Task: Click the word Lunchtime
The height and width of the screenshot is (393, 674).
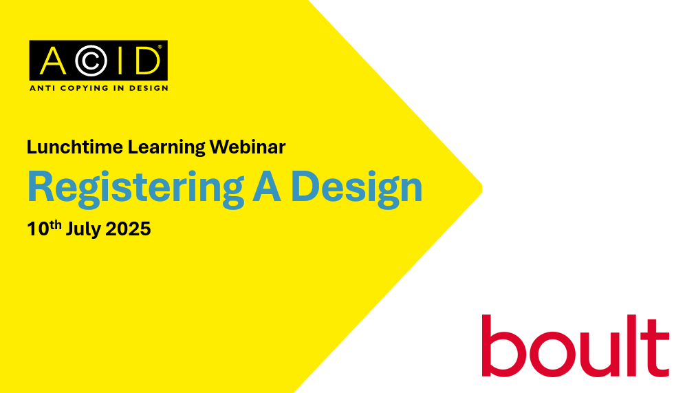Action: coord(75,147)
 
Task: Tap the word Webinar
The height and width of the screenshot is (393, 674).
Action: coord(248,147)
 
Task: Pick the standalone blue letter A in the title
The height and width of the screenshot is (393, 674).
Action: coord(267,187)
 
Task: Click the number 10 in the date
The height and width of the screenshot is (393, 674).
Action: coord(38,229)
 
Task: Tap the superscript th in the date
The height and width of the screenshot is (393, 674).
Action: coord(56,224)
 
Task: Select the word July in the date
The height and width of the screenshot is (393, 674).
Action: coord(83,230)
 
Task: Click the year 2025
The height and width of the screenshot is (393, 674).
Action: coord(128,229)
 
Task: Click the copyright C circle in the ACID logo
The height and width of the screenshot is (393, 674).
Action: coord(91,61)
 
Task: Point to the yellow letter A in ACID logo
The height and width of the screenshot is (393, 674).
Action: coord(54,61)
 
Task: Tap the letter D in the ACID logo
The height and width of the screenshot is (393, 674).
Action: coord(148,61)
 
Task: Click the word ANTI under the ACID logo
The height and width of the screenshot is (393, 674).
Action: coord(42,88)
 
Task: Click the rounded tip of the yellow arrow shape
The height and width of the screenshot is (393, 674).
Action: coord(481,189)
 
